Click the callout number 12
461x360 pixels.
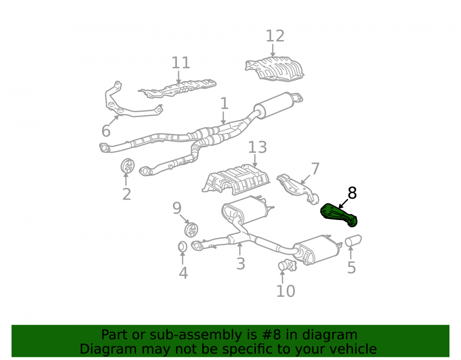point(275,36)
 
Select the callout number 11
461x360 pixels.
point(181,63)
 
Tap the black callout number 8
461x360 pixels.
point(352,193)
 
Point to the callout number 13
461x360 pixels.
point(258,147)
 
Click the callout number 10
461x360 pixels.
point(285,291)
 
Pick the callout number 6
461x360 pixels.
point(106,131)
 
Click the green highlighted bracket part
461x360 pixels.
point(339,216)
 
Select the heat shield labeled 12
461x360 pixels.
point(274,69)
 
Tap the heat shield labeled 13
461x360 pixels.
point(236,180)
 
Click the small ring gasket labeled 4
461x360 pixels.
point(183,247)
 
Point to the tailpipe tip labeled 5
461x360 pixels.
point(353,241)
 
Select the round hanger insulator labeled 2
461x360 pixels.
point(127,166)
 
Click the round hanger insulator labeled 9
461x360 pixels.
point(191,230)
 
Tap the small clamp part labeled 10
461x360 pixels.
point(287,266)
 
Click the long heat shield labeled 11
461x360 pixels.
point(177,89)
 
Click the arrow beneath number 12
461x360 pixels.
point(272,51)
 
